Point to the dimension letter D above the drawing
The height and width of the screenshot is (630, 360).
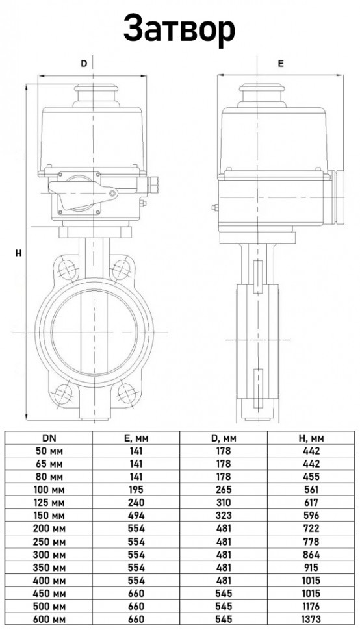(x=84, y=63)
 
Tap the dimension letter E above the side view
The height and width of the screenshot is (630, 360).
(x=281, y=63)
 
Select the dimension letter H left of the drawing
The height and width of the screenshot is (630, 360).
(x=18, y=253)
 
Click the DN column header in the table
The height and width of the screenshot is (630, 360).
(x=49, y=438)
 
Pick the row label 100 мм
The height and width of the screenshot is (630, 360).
(x=49, y=490)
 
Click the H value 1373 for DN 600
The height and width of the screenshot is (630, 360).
(x=311, y=620)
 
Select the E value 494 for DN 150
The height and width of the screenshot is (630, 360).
(x=136, y=516)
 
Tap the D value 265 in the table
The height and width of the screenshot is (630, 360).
(x=224, y=490)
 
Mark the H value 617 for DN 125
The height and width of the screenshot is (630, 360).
(x=311, y=503)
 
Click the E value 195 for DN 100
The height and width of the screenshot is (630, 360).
(x=136, y=490)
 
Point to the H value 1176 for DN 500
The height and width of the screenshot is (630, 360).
(x=311, y=607)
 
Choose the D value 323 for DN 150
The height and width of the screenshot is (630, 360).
(x=224, y=516)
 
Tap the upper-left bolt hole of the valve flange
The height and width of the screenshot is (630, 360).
(x=67, y=269)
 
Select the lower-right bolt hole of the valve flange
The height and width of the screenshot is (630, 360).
(x=126, y=392)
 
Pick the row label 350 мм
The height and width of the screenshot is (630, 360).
(x=49, y=567)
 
